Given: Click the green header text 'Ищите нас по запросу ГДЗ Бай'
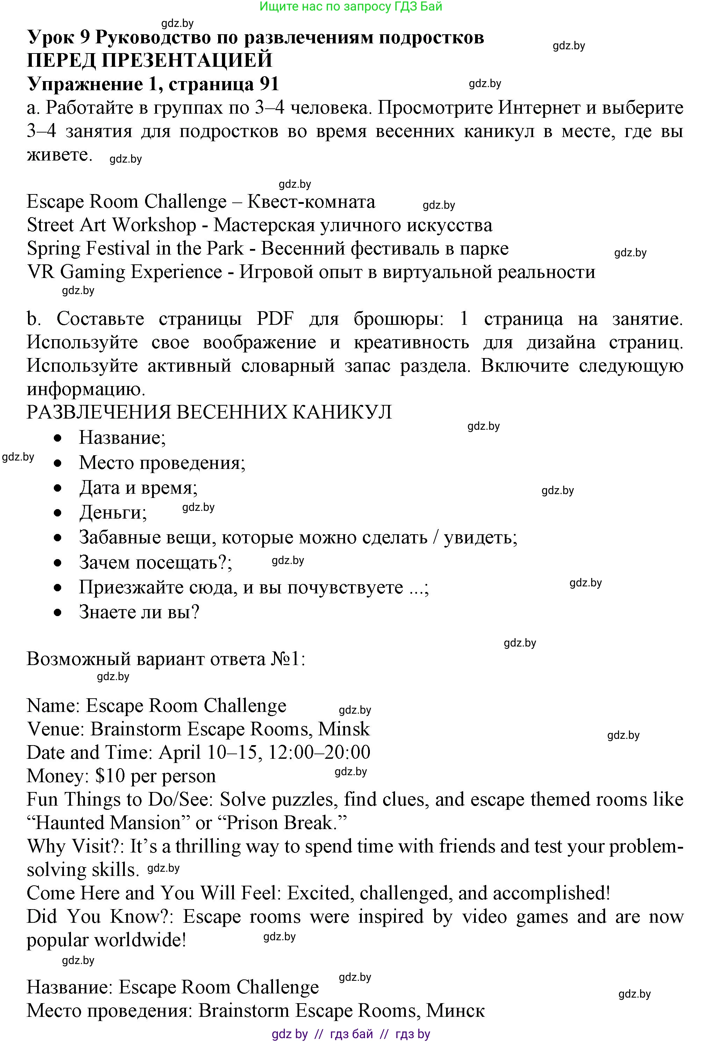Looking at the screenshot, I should (x=351, y=6).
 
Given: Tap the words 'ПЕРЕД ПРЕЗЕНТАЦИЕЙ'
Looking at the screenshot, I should (x=149, y=60).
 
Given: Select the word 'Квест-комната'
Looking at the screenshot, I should (x=311, y=202).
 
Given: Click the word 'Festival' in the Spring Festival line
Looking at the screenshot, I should (x=119, y=249).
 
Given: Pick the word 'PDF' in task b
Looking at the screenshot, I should (x=275, y=319).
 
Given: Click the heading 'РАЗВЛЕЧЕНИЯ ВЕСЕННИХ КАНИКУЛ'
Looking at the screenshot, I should (x=209, y=412).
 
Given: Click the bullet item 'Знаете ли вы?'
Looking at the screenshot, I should (x=139, y=612).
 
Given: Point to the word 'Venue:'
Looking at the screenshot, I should (x=56, y=729).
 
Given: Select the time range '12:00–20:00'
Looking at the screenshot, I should (x=319, y=753).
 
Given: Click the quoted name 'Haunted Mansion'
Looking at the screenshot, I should (x=108, y=823).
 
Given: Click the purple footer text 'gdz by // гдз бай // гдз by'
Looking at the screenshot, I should (x=351, y=1034).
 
